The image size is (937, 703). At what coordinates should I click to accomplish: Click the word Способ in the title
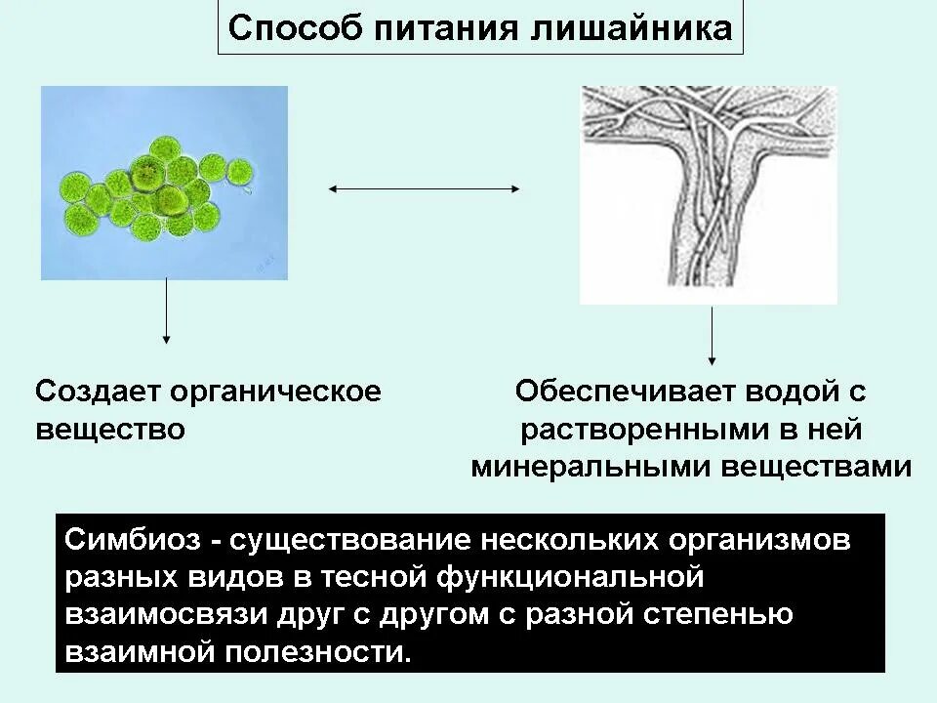(x=293, y=27)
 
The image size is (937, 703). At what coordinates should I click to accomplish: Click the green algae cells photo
(x=164, y=183)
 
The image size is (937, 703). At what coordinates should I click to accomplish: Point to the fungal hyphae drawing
(x=709, y=194)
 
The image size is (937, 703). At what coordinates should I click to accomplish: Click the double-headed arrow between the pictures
(x=425, y=189)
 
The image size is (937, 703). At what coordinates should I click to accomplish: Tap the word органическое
(x=275, y=393)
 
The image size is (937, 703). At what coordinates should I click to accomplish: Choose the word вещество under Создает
(x=110, y=430)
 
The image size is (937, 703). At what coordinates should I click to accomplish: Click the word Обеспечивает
(x=626, y=393)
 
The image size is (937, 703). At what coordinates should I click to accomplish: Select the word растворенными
(x=633, y=430)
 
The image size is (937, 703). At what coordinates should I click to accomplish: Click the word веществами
(x=817, y=467)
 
